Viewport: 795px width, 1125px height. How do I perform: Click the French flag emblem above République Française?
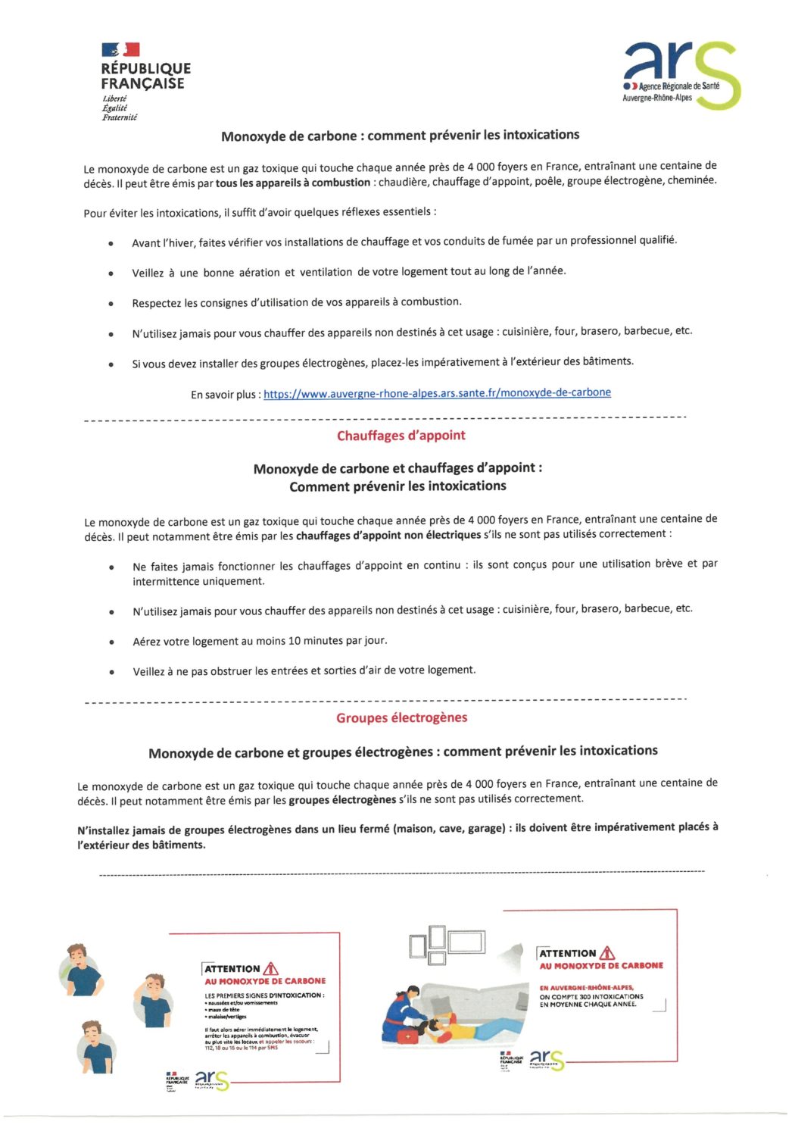click(120, 50)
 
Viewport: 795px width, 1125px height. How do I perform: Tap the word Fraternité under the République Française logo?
click(120, 117)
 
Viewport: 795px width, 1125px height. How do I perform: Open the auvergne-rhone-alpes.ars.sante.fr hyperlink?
click(437, 392)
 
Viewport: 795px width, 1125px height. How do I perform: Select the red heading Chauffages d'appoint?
click(401, 436)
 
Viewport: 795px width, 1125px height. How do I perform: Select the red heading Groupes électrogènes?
click(401, 717)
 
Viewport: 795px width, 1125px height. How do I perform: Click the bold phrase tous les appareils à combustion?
click(293, 183)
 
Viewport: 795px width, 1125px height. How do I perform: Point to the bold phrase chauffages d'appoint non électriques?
click(388, 535)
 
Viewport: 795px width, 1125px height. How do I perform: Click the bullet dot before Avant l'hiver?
click(111, 244)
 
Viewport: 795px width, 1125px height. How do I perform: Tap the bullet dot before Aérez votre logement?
click(112, 642)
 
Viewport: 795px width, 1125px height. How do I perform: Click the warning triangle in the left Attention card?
click(271, 968)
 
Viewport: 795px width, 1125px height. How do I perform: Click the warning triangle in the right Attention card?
click(607, 953)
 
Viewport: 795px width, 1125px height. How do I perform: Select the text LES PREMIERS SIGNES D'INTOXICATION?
click(263, 995)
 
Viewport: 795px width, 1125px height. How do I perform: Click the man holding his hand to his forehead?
click(154, 998)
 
